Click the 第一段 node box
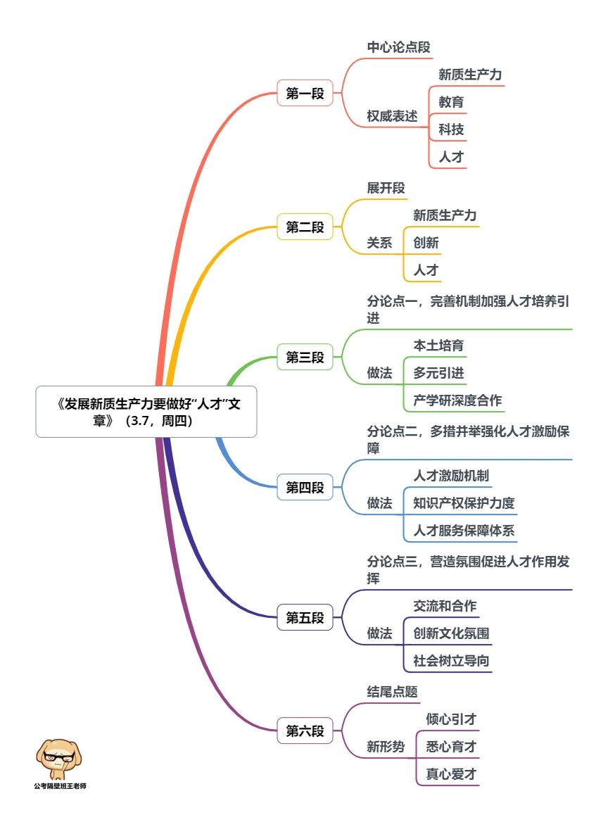pos(305,94)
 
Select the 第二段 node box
pos(305,227)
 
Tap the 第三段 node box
pos(305,357)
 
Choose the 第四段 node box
pos(305,488)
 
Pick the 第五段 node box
pos(305,617)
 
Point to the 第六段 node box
pos(305,731)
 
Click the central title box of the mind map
pos(146,412)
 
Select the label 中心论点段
pos(399,47)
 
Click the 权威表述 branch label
pos(392,116)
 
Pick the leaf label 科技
pos(451,129)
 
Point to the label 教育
pos(451,102)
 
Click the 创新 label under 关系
pos(426,243)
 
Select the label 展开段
pos(386,188)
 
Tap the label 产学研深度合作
pos(457,400)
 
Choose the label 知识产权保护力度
pos(464,503)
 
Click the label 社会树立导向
pos(451,661)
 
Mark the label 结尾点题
pos(392,692)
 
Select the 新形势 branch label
pos(386,747)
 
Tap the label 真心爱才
pos(451,773)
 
